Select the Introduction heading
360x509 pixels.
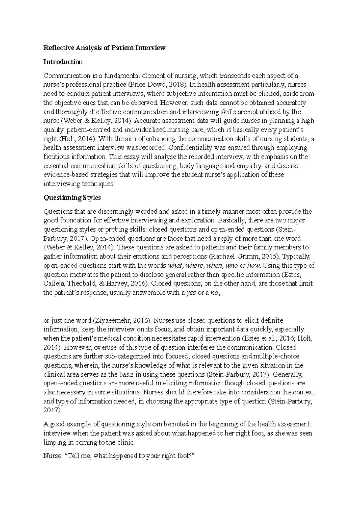(63, 62)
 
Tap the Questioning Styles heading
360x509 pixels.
(72, 198)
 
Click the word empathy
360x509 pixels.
(243, 165)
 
